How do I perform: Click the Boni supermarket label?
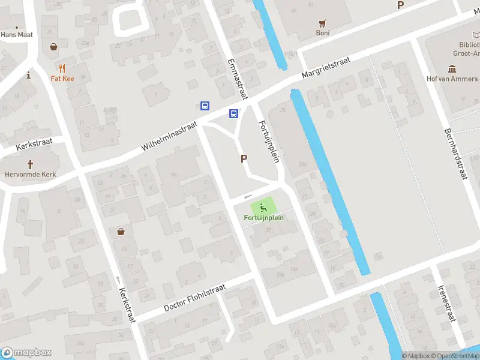coord(323,33)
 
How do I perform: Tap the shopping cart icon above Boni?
coord(323,23)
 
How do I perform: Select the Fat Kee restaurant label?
coord(62,78)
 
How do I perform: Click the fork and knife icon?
coord(62,68)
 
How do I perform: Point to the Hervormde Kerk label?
coord(31,175)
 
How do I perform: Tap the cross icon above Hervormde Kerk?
coord(31,164)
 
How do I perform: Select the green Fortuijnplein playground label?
coord(263,217)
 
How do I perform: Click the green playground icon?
coord(263,208)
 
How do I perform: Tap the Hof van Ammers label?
coord(452,79)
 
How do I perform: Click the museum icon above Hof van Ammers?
coord(452,69)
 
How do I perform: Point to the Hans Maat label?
coord(16,35)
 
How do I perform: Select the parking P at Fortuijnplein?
coord(244,159)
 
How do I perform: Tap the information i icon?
coord(29,75)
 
